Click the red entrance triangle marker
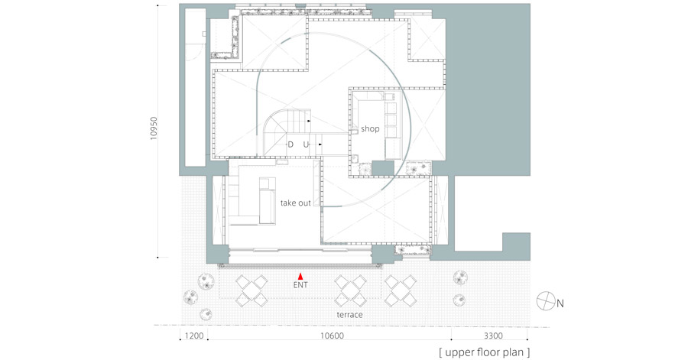pyautogui.click(x=300, y=276)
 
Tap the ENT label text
pyautogui.click(x=300, y=285)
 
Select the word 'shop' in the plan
pyautogui.click(x=370, y=129)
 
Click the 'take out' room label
pyautogui.click(x=296, y=203)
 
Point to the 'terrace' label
pyautogui.click(x=349, y=315)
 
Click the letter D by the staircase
pyautogui.click(x=290, y=144)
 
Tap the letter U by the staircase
pyautogui.click(x=306, y=144)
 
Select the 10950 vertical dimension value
pyautogui.click(x=153, y=128)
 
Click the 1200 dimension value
pyautogui.click(x=194, y=336)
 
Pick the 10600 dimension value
pyautogui.click(x=332, y=336)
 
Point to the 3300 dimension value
pyautogui.click(x=493, y=336)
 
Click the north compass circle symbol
pyautogui.click(x=546, y=301)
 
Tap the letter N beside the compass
pyautogui.click(x=560, y=303)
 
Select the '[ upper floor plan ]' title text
pyautogui.click(x=485, y=352)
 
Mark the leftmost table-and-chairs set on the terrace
pyautogui.click(x=252, y=290)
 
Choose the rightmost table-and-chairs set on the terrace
pyautogui.click(x=400, y=290)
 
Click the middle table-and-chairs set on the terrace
pyautogui.click(x=350, y=290)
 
